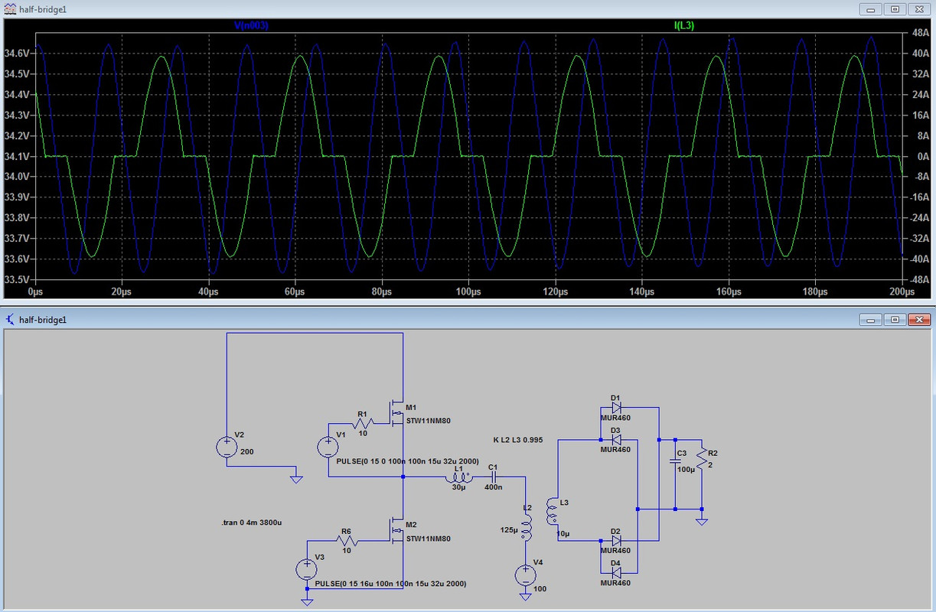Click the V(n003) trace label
coord(251,25)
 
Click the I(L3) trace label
coord(684,25)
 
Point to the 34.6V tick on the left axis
coord(17,53)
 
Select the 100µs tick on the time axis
coord(468,291)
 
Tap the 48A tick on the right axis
coord(921,33)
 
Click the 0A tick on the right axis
coord(923,156)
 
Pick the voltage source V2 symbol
coord(227,448)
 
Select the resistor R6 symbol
coord(347,541)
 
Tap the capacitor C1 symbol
coord(493,477)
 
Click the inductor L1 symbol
coord(458,477)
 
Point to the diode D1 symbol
coord(616,407)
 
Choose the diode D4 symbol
coord(616,573)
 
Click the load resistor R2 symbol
coord(702,458)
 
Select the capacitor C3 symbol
coord(675,461)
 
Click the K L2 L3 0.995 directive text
coord(517,440)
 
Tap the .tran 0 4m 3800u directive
coord(252,522)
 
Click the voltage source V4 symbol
coord(526,575)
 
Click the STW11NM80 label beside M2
coord(429,539)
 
